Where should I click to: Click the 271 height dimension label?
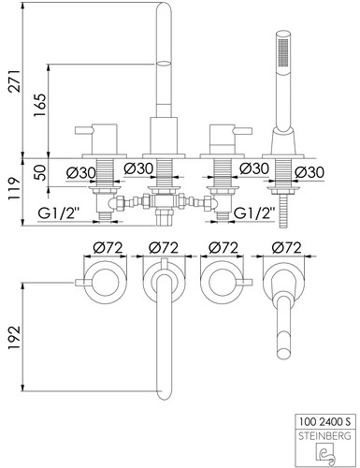pyautogui.click(x=15, y=80)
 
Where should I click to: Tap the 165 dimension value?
pyautogui.click(x=40, y=105)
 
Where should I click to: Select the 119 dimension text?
pyautogui.click(x=15, y=189)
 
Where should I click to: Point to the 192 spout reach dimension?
pyautogui.click(x=15, y=338)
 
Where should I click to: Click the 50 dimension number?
pyautogui.click(x=40, y=172)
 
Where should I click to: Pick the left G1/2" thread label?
pyautogui.click(x=60, y=213)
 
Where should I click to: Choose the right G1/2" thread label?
pyautogui.click(x=254, y=213)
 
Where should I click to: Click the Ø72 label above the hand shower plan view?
pyautogui.click(x=286, y=248)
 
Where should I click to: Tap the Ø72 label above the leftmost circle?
pyautogui.click(x=108, y=248)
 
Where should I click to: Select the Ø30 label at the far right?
pyautogui.click(x=310, y=172)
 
